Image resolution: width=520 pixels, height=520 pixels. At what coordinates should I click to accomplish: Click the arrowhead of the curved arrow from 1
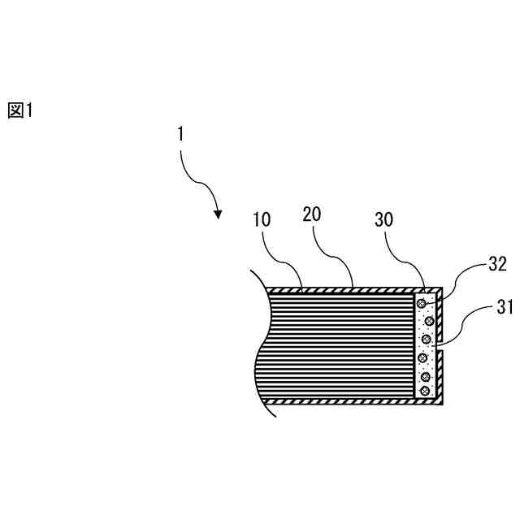[218, 214]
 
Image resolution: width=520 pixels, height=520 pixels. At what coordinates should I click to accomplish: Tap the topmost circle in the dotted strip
[422, 304]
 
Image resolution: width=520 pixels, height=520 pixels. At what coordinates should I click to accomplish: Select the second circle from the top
[429, 321]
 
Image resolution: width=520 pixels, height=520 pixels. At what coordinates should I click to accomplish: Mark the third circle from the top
[423, 339]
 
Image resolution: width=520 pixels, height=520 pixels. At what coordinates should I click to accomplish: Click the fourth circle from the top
[422, 357]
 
